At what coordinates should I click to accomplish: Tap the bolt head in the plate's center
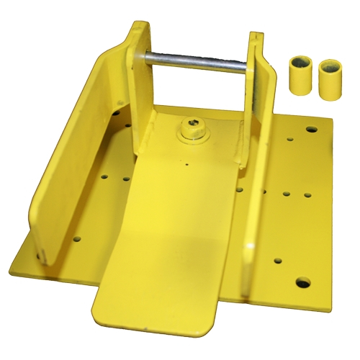coord(192,130)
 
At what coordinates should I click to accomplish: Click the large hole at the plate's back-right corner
coord(311,130)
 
